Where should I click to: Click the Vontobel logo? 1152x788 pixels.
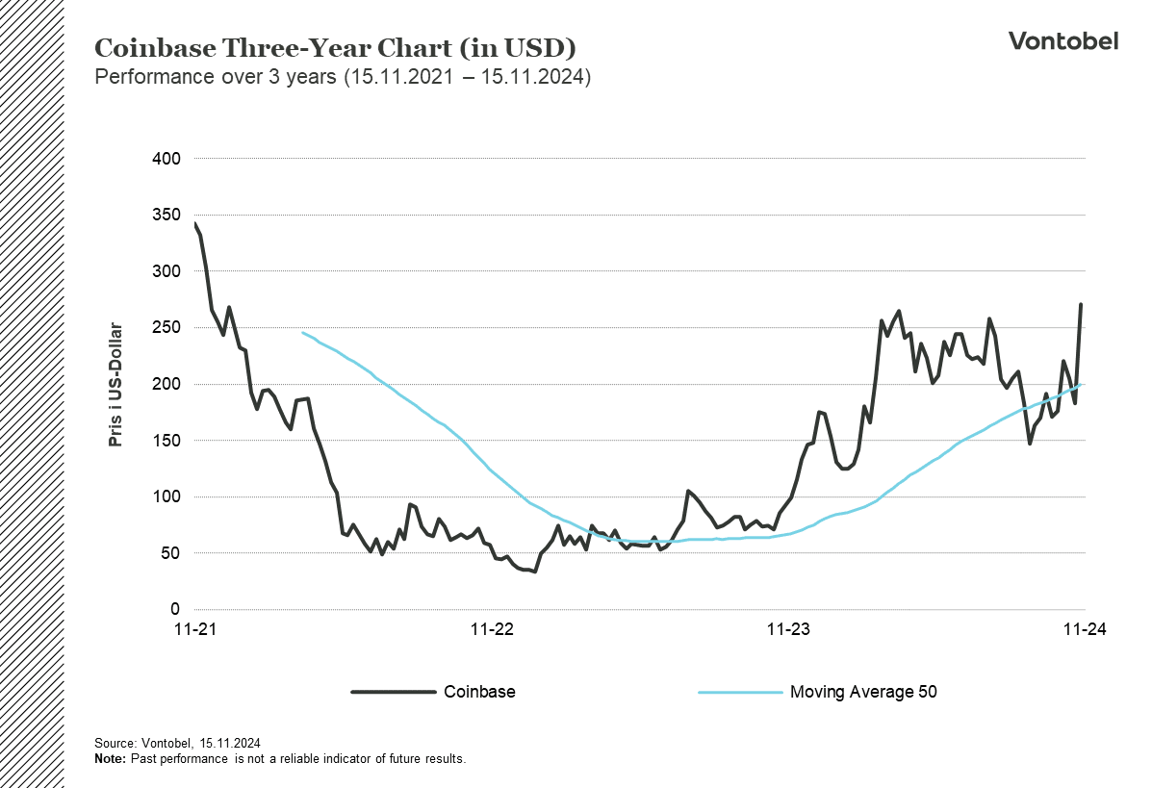pyautogui.click(x=1062, y=40)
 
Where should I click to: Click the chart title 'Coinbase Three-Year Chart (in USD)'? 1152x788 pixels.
pyautogui.click(x=335, y=48)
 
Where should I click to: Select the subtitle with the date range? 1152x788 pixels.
pyautogui.click(x=342, y=77)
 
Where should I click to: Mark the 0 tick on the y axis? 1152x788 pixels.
pyautogui.click(x=175, y=610)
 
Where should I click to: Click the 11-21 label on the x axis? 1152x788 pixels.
pyautogui.click(x=194, y=630)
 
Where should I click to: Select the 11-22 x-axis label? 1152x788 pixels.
pyautogui.click(x=491, y=630)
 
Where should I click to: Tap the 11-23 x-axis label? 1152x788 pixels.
pyautogui.click(x=787, y=630)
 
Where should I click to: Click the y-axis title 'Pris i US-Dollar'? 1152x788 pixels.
pyautogui.click(x=116, y=385)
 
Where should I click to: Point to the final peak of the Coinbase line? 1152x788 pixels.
pyautogui.click(x=1081, y=305)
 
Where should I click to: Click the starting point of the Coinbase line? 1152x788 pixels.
pyautogui.click(x=195, y=223)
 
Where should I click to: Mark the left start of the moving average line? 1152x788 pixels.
pyautogui.click(x=303, y=333)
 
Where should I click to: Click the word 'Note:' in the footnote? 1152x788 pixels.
pyautogui.click(x=110, y=758)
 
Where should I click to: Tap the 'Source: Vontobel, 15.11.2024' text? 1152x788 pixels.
pyautogui.click(x=177, y=744)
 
